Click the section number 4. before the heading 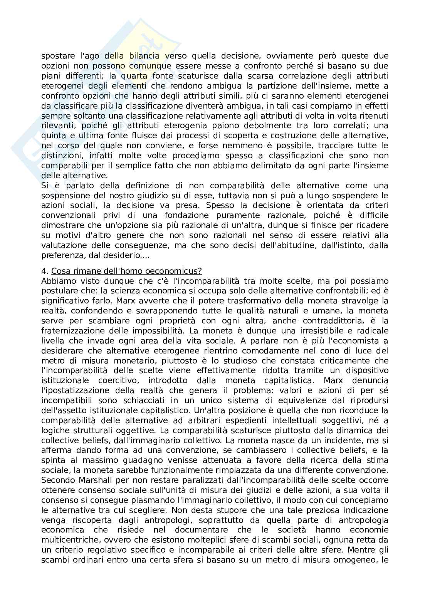point(44,271)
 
